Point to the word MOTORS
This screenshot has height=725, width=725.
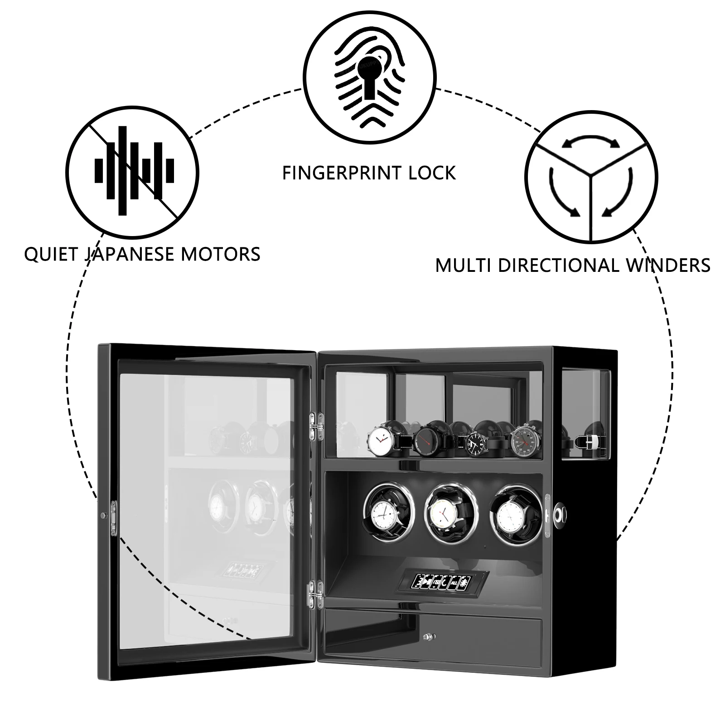(x=221, y=254)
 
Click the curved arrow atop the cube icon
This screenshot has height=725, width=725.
(x=591, y=141)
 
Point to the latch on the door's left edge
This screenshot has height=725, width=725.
(x=111, y=517)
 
